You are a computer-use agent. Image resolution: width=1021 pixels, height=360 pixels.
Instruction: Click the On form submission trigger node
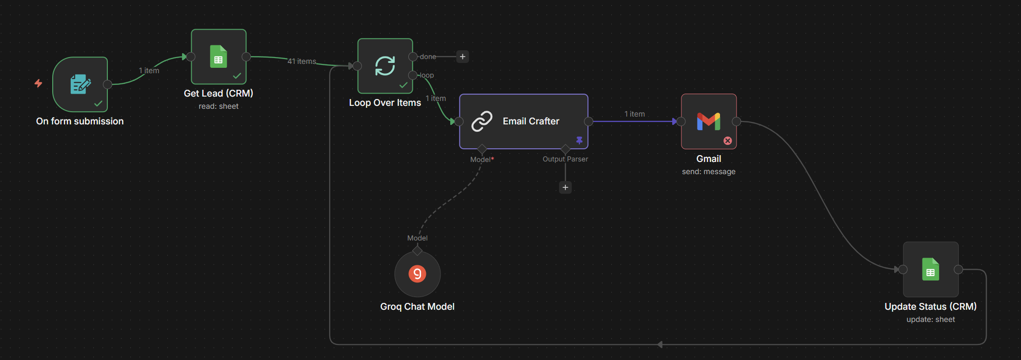coord(80,84)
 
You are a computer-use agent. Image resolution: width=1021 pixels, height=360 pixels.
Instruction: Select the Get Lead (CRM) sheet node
coord(219,57)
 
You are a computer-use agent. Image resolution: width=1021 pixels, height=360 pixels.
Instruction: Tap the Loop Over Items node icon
coord(385,66)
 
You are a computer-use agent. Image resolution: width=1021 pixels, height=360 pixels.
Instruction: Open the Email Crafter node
coord(523,121)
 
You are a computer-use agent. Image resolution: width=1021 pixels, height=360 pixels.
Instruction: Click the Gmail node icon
coord(708,121)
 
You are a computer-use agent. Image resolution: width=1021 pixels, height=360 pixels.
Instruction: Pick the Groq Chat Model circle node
coord(417,274)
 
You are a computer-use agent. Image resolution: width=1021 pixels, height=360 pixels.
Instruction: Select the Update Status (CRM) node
coord(930,269)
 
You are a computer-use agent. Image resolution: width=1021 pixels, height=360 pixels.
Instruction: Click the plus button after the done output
coord(462,57)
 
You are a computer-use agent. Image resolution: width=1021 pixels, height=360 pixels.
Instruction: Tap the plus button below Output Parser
coord(565,187)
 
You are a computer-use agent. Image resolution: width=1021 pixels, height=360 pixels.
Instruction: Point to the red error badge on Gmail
coord(727,141)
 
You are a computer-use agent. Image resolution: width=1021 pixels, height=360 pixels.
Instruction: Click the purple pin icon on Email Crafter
coord(579,140)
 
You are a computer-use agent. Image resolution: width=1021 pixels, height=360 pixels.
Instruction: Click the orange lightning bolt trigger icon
coord(38,83)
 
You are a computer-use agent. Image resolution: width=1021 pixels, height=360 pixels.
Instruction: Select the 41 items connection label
coord(301,61)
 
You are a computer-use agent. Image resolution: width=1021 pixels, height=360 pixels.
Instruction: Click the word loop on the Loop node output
coord(426,75)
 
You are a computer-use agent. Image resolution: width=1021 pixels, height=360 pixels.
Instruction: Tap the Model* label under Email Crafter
coord(482,160)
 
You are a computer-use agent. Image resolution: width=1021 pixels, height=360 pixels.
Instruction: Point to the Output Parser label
coord(565,159)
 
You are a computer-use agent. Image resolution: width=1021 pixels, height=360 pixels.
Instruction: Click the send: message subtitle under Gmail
coord(708,172)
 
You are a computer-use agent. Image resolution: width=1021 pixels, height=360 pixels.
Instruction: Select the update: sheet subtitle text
coord(930,320)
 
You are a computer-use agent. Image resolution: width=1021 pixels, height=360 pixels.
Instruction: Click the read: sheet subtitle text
coord(219,106)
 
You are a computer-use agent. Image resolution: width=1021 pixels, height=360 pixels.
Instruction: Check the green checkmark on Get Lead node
coord(237,76)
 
